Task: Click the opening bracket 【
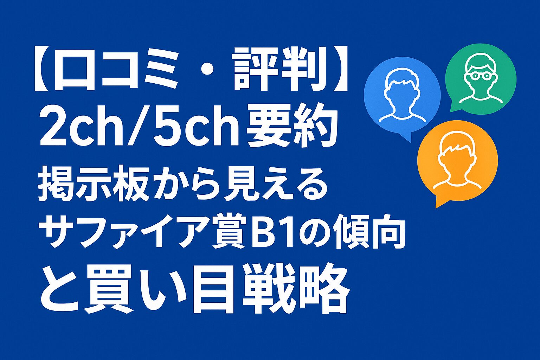click(43, 69)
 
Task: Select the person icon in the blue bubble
click(401, 95)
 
